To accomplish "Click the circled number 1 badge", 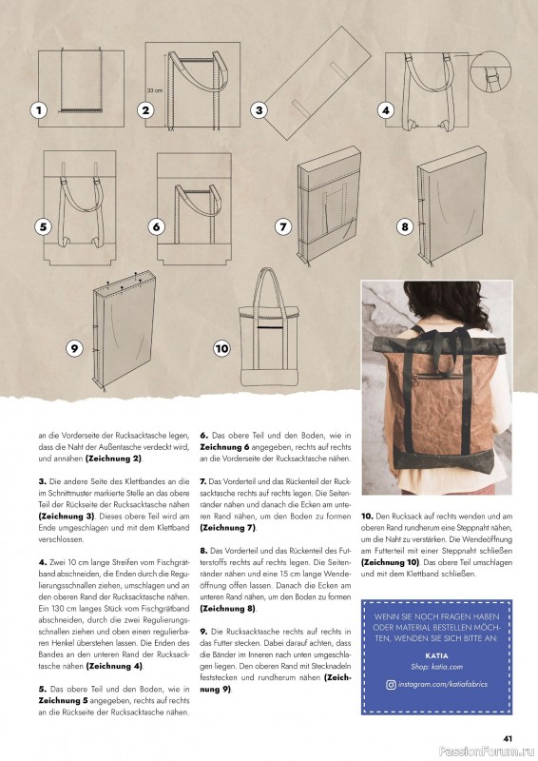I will tap(38, 110).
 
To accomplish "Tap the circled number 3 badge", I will tap(258, 110).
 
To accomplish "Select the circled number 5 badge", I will tap(43, 227).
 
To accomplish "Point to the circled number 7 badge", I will tap(282, 227).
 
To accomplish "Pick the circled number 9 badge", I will tap(73, 348).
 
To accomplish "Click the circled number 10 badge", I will tap(221, 348).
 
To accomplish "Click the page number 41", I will tap(508, 735).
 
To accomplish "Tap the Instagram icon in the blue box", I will tap(392, 711).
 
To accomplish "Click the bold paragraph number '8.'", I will tap(203, 550).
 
